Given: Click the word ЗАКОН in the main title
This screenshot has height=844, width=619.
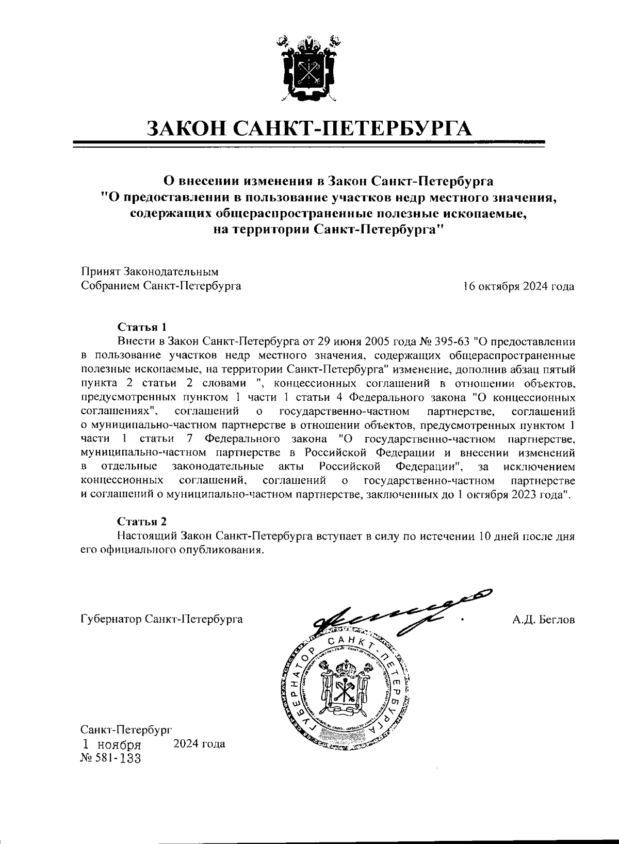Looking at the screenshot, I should (186, 127).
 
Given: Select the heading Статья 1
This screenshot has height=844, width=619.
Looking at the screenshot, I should (142, 328).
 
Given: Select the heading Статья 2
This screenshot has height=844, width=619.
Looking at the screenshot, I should (142, 522).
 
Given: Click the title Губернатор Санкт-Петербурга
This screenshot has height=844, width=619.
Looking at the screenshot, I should (162, 619).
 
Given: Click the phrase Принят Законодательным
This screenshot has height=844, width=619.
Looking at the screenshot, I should (150, 272).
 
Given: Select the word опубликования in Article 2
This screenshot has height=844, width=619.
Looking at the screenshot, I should (220, 549).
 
